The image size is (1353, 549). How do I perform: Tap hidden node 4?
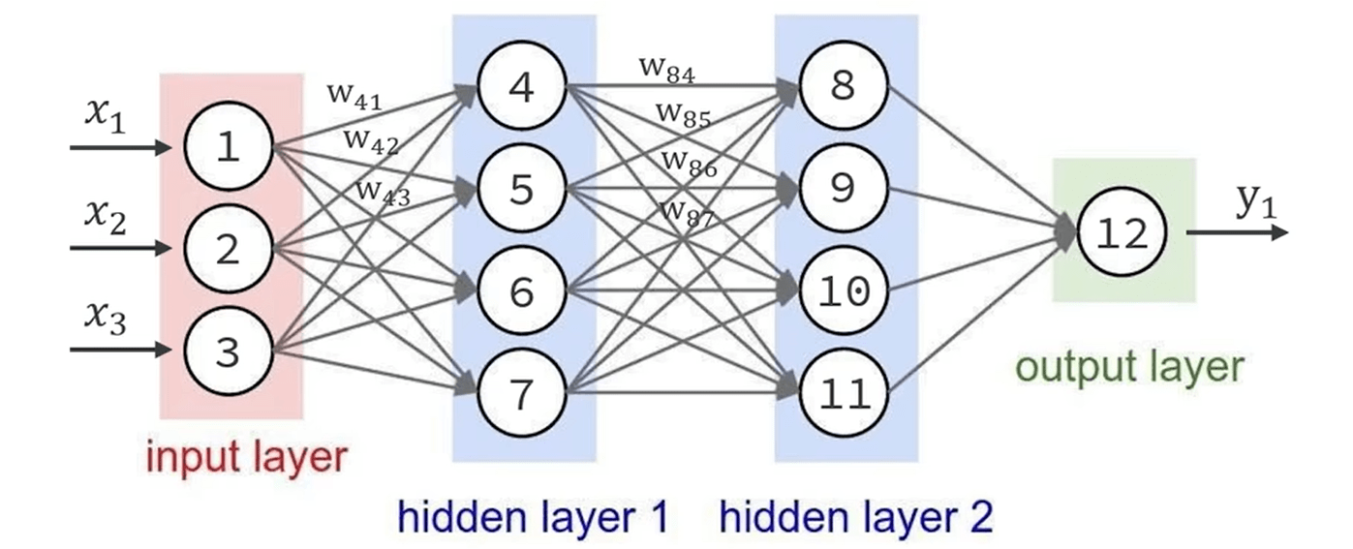point(521,87)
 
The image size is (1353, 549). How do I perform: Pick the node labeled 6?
point(521,290)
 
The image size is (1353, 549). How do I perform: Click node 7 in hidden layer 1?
point(521,392)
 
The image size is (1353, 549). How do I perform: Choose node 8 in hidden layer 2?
point(843,87)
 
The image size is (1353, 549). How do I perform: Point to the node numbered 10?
point(843,290)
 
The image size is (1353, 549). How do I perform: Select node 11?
point(843,392)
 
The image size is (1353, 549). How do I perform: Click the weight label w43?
point(383,190)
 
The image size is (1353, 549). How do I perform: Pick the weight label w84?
point(667,67)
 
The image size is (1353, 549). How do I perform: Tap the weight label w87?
point(687,212)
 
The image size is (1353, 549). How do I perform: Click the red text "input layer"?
point(246,456)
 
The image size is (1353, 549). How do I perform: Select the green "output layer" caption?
point(1128,368)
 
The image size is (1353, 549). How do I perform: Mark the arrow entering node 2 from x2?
point(126,249)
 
